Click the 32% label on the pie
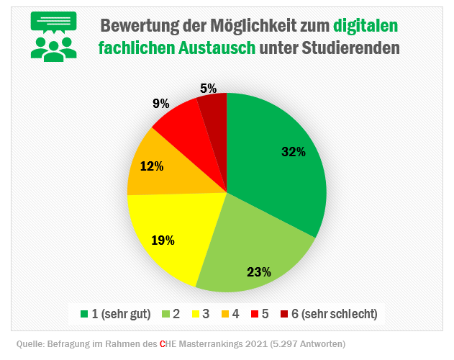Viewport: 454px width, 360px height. (294, 152)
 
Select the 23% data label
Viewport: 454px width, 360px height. (258, 272)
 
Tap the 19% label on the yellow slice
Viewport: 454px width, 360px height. (163, 240)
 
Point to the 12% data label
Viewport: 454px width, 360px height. (151, 166)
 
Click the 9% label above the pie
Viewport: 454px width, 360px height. (160, 104)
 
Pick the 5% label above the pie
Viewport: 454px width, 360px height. (209, 89)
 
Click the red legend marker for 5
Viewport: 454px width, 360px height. (255, 314)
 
